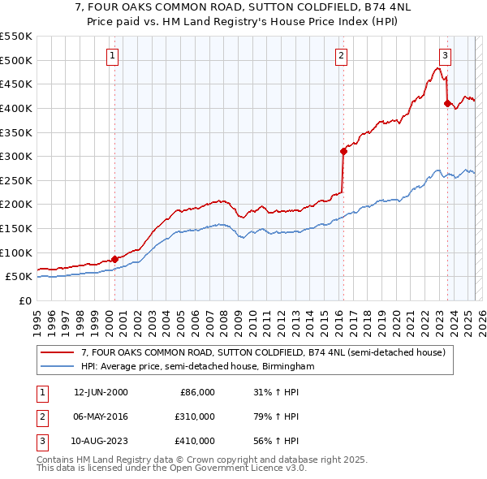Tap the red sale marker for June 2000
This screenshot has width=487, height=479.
(x=114, y=259)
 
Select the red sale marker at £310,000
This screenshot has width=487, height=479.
(x=343, y=151)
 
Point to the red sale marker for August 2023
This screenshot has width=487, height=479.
(x=447, y=103)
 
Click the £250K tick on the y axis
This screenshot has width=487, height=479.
(x=16, y=180)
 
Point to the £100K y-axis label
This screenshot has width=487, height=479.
(x=16, y=252)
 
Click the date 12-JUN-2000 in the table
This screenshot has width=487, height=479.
(x=101, y=392)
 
